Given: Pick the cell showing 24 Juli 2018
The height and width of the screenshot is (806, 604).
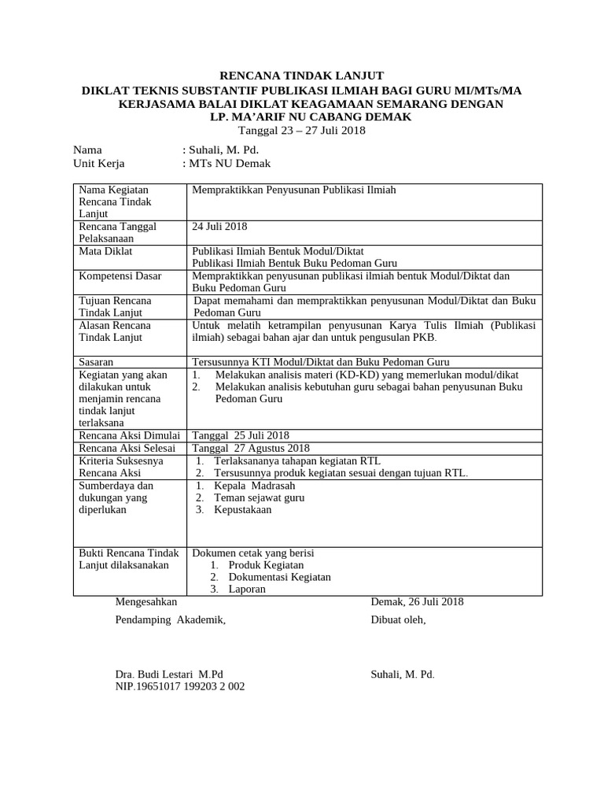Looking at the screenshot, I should (x=220, y=227).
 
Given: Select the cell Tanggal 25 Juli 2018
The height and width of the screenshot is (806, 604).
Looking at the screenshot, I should (x=241, y=435).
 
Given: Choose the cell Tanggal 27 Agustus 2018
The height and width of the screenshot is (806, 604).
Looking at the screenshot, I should (x=247, y=448).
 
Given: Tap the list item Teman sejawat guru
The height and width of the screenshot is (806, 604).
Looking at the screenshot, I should (x=259, y=497).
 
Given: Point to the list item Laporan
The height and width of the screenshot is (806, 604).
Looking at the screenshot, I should (x=247, y=589).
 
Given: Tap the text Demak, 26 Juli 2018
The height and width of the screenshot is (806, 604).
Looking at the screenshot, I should (x=417, y=602).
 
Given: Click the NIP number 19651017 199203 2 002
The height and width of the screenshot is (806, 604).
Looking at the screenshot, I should (x=180, y=686).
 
